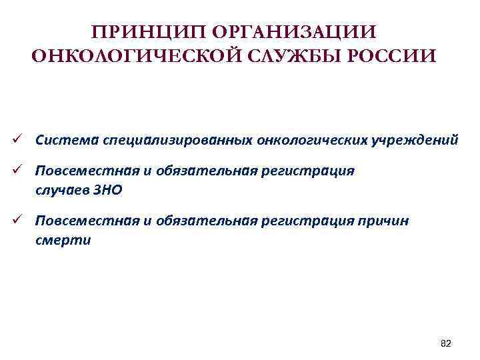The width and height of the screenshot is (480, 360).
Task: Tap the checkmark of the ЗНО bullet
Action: pyautogui.click(x=22, y=171)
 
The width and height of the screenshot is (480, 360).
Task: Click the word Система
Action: pyautogui.click(x=65, y=140)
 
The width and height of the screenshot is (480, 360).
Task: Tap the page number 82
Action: pyautogui.click(x=446, y=343)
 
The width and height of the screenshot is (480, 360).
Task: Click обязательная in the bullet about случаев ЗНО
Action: pyautogui.click(x=205, y=171)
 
